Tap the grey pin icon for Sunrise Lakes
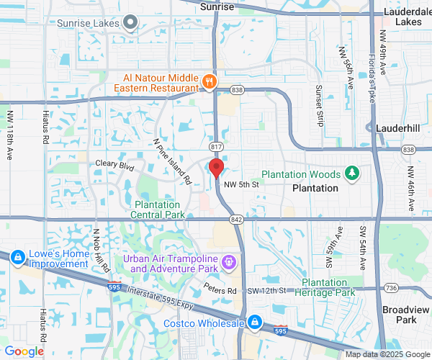[x=130, y=23]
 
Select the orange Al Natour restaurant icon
[x=210, y=81]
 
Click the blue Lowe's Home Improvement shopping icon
[x=18, y=256]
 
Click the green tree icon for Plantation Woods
[x=352, y=173]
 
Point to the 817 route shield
[x=216, y=146]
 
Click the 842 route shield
[x=237, y=219]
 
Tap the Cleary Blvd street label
[x=115, y=164]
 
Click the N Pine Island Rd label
[x=172, y=161]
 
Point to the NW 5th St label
[x=240, y=185]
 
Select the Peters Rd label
[x=220, y=291]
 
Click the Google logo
[x=24, y=351]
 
